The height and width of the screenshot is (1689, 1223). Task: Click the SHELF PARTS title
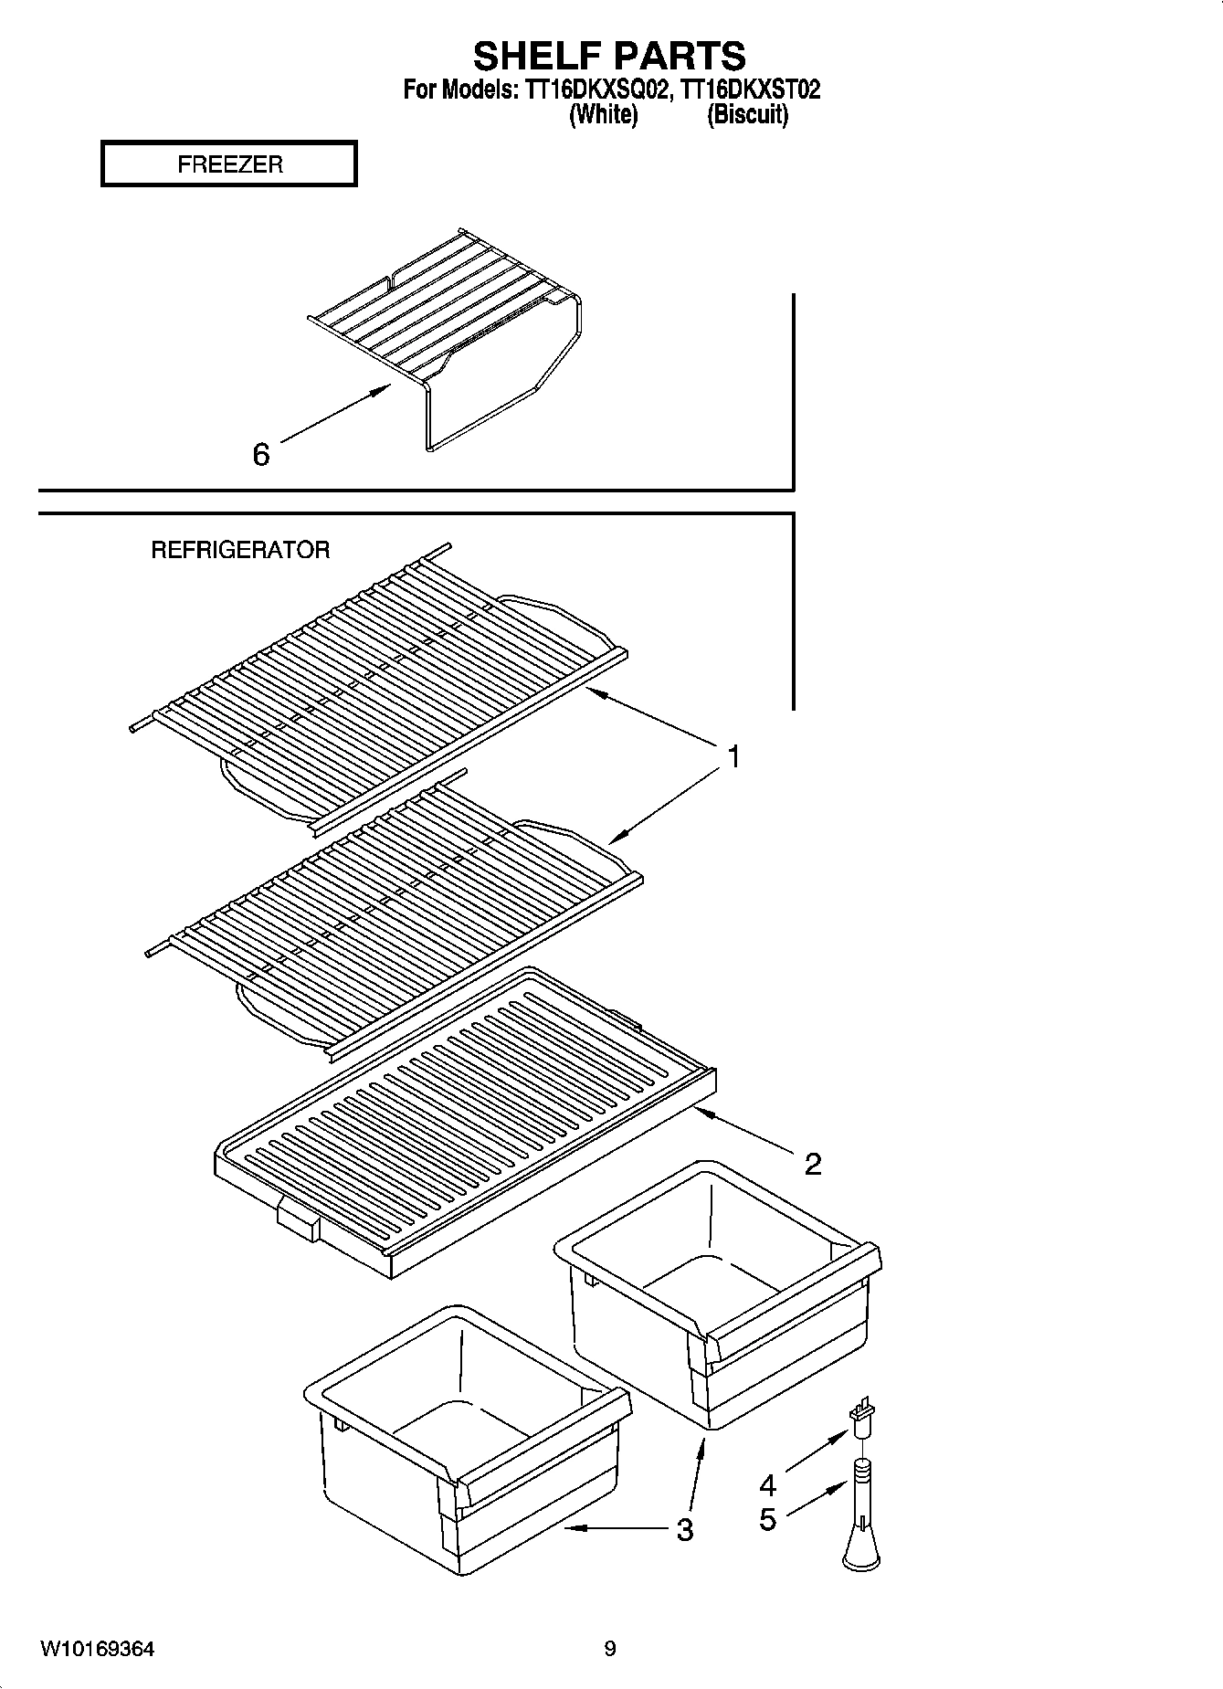pos(609,57)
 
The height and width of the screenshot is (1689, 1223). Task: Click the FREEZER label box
pos(229,164)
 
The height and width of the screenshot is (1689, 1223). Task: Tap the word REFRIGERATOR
pos(240,550)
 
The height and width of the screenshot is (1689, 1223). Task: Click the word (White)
pos(603,115)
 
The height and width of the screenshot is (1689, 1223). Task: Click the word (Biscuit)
pos(747,115)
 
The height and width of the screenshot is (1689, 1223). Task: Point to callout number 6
pos(261,454)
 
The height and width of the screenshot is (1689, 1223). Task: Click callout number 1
pos(733,757)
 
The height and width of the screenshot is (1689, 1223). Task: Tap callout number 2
pos(812,1164)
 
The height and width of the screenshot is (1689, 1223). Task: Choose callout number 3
pos(684,1529)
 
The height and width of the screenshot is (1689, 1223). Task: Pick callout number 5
pos(767,1519)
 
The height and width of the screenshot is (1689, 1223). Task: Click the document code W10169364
pos(97,1649)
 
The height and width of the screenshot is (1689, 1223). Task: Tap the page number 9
pos(610,1649)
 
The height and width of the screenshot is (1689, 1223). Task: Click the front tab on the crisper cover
pos(298,1220)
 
